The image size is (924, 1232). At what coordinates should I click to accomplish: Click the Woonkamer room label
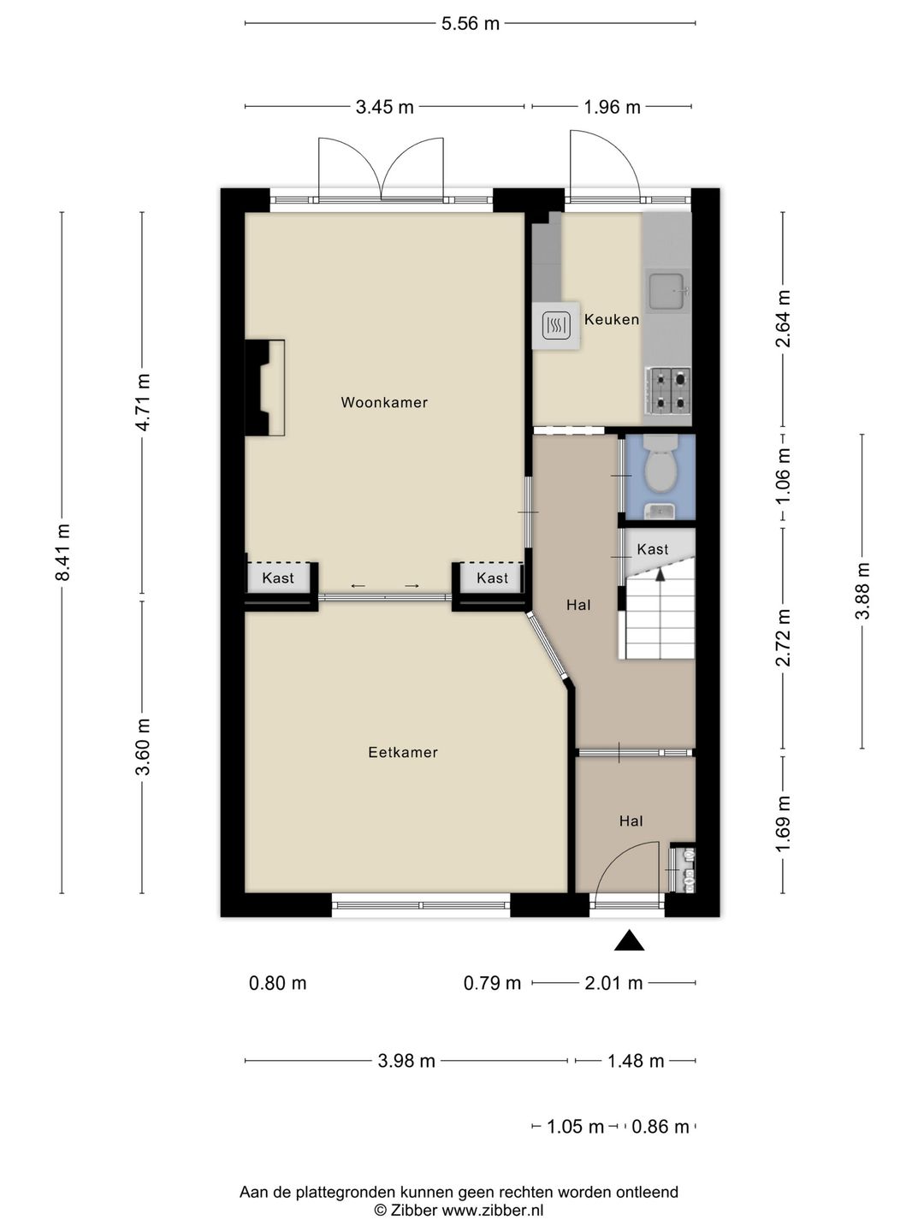tap(384, 402)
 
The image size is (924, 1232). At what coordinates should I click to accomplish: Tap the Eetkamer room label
tap(403, 752)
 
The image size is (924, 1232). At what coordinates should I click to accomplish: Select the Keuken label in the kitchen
tap(612, 319)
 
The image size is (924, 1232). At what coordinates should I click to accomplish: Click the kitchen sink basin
tap(667, 292)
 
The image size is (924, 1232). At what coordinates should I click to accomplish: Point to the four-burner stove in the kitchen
tap(667, 391)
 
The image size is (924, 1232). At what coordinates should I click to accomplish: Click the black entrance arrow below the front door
tap(629, 940)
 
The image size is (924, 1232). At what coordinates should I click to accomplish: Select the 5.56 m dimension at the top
tap(471, 24)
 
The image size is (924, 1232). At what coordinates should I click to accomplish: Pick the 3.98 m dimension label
tap(406, 1061)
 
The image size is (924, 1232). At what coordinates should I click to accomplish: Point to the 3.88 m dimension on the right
tap(862, 590)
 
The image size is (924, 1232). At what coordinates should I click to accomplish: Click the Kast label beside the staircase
tap(653, 549)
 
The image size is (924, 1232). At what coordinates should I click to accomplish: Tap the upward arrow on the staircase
tap(660, 573)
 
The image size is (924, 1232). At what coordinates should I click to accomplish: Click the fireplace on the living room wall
tap(265, 388)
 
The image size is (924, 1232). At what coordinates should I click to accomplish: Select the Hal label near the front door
tap(631, 821)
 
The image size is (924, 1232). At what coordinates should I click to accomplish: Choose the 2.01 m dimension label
tap(613, 983)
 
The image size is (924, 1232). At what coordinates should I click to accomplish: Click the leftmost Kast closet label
tap(278, 577)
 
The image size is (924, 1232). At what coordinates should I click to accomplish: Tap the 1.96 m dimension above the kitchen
tap(612, 107)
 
